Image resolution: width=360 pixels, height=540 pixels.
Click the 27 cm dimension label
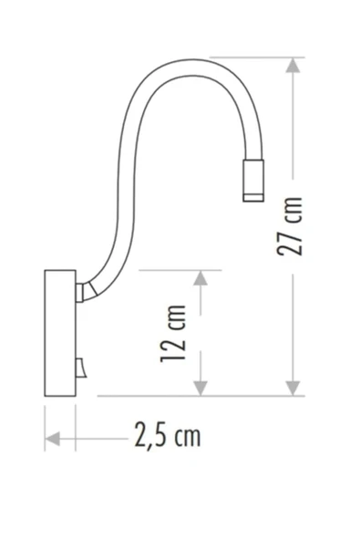click(x=290, y=226)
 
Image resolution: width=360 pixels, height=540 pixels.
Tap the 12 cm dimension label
click(x=173, y=334)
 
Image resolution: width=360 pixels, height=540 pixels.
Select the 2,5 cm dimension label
click(x=168, y=435)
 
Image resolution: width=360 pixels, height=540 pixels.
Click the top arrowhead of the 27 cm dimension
click(x=293, y=65)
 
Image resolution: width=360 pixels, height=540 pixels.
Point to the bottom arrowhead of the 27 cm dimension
click(x=293, y=389)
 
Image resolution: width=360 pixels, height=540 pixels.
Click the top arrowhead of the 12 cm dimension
click(x=201, y=278)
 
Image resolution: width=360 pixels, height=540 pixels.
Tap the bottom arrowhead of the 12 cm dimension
click(x=201, y=389)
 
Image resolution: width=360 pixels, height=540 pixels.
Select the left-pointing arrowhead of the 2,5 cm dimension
click(x=53, y=439)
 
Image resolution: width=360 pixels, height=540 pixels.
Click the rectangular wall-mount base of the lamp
click(x=60, y=333)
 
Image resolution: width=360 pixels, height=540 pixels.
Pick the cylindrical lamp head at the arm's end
click(x=253, y=181)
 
